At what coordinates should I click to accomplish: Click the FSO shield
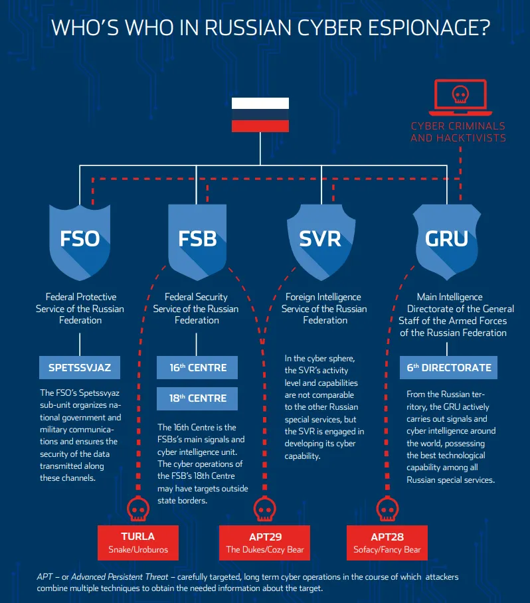point(80,242)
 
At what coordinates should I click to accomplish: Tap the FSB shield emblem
point(197,242)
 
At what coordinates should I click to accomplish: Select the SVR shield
point(321,242)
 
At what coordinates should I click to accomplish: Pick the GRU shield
point(446,242)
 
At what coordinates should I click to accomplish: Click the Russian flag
point(260,115)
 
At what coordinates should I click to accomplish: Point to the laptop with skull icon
point(460,98)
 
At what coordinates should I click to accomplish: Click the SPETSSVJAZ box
point(80,368)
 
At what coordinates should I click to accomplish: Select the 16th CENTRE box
point(197,368)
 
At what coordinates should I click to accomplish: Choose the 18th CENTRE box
point(197,398)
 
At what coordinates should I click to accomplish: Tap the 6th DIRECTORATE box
point(448,368)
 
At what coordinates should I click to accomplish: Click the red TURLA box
point(138,543)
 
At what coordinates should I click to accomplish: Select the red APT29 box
point(264,543)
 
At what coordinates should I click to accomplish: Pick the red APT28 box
point(387,543)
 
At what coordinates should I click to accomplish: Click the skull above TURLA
point(138,509)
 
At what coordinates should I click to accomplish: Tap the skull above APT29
point(264,509)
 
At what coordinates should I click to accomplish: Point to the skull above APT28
point(387,509)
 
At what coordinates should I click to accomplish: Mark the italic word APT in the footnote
point(44,577)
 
